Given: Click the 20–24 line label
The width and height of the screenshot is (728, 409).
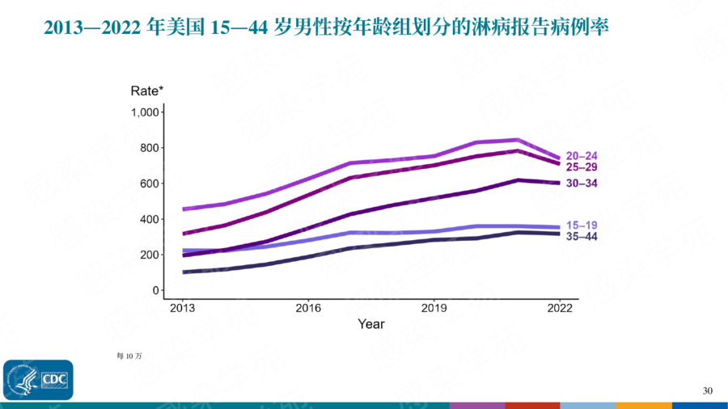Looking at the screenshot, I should (x=582, y=155).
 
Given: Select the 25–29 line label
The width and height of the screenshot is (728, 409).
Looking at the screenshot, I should (x=582, y=167).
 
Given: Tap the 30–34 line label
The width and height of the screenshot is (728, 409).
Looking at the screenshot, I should (x=582, y=183).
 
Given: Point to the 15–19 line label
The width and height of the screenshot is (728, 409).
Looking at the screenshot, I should (x=582, y=225).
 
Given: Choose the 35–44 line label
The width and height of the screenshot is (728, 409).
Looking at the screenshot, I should (x=582, y=236).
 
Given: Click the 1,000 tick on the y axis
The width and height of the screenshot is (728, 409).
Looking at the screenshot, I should (x=144, y=112).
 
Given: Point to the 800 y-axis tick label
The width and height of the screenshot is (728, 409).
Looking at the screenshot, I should (x=148, y=148).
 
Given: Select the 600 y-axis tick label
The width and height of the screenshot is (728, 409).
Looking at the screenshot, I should (x=148, y=183).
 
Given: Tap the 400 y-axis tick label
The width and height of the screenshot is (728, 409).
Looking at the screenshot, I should (x=148, y=219).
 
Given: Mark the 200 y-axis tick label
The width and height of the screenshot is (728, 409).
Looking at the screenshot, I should (x=148, y=255).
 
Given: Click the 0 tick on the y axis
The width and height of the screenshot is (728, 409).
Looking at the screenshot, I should (x=155, y=290).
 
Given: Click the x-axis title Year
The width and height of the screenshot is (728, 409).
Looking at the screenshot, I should (x=371, y=324).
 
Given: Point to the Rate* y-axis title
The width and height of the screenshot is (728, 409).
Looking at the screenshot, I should (x=147, y=91).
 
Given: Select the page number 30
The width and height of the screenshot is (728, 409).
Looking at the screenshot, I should (x=708, y=391).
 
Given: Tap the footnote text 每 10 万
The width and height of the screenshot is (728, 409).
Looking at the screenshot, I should (x=129, y=355).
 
